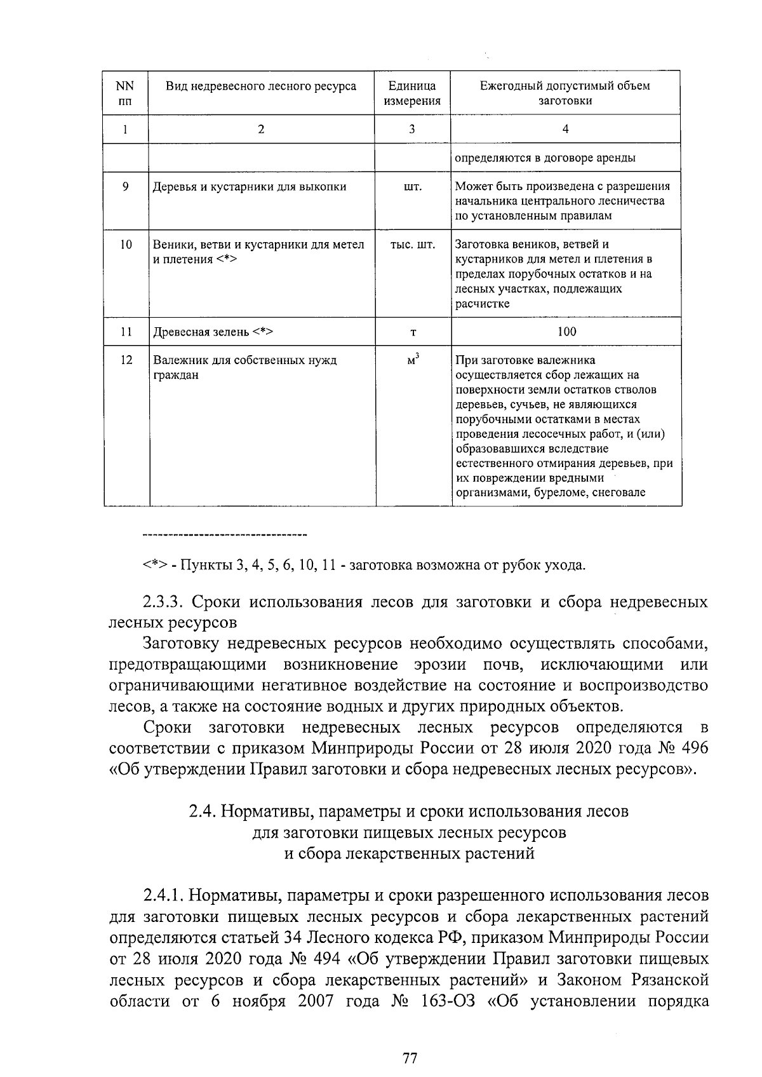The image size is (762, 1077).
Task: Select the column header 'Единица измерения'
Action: [x=412, y=93]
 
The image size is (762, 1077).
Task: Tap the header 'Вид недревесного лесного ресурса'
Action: [x=261, y=86]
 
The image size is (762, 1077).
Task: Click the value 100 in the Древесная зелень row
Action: [x=566, y=331]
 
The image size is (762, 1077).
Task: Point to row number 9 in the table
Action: [x=126, y=187]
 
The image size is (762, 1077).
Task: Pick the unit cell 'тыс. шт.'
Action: [x=413, y=245]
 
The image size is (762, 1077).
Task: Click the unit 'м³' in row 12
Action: [x=413, y=360]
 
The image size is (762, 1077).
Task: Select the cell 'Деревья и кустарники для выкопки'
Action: [x=250, y=187]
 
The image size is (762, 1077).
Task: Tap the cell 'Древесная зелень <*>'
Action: [x=213, y=331]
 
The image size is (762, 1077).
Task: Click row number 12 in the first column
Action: [x=126, y=360]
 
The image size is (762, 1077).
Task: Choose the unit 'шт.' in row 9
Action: [x=413, y=187]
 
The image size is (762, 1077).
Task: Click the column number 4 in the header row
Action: [x=565, y=129]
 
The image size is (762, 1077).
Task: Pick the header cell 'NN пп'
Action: [x=126, y=93]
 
